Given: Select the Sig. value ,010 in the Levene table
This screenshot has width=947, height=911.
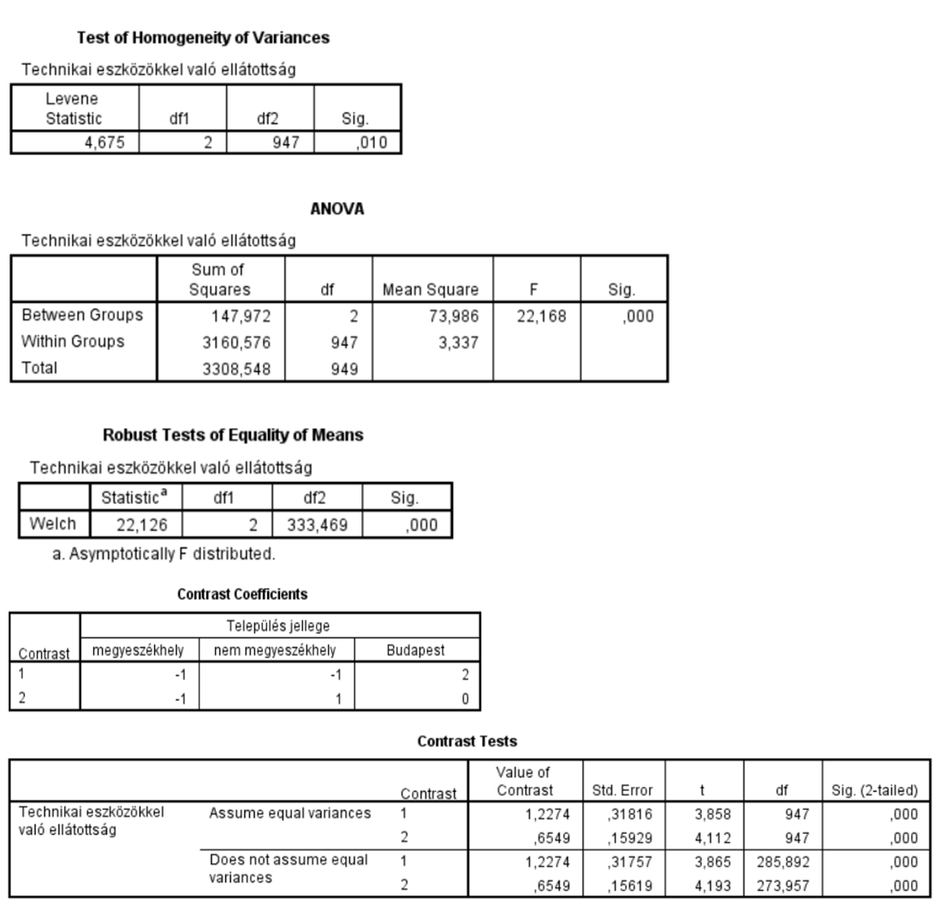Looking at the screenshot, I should pyautogui.click(x=372, y=143).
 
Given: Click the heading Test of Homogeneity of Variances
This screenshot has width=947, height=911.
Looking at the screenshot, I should pyautogui.click(x=204, y=38).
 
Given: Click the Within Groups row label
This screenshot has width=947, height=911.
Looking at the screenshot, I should pyautogui.click(x=74, y=342).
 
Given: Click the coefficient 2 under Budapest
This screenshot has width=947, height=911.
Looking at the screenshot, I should pyautogui.click(x=464, y=674).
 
